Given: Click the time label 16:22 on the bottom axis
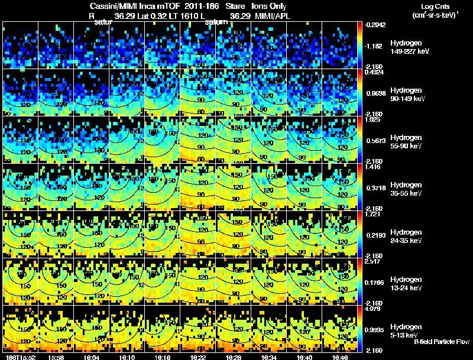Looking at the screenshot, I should pos(197,357).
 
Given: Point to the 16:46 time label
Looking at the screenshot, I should pos(339,357).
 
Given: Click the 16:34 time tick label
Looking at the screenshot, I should pos(268,357).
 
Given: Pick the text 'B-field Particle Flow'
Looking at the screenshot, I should pos(441,342).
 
